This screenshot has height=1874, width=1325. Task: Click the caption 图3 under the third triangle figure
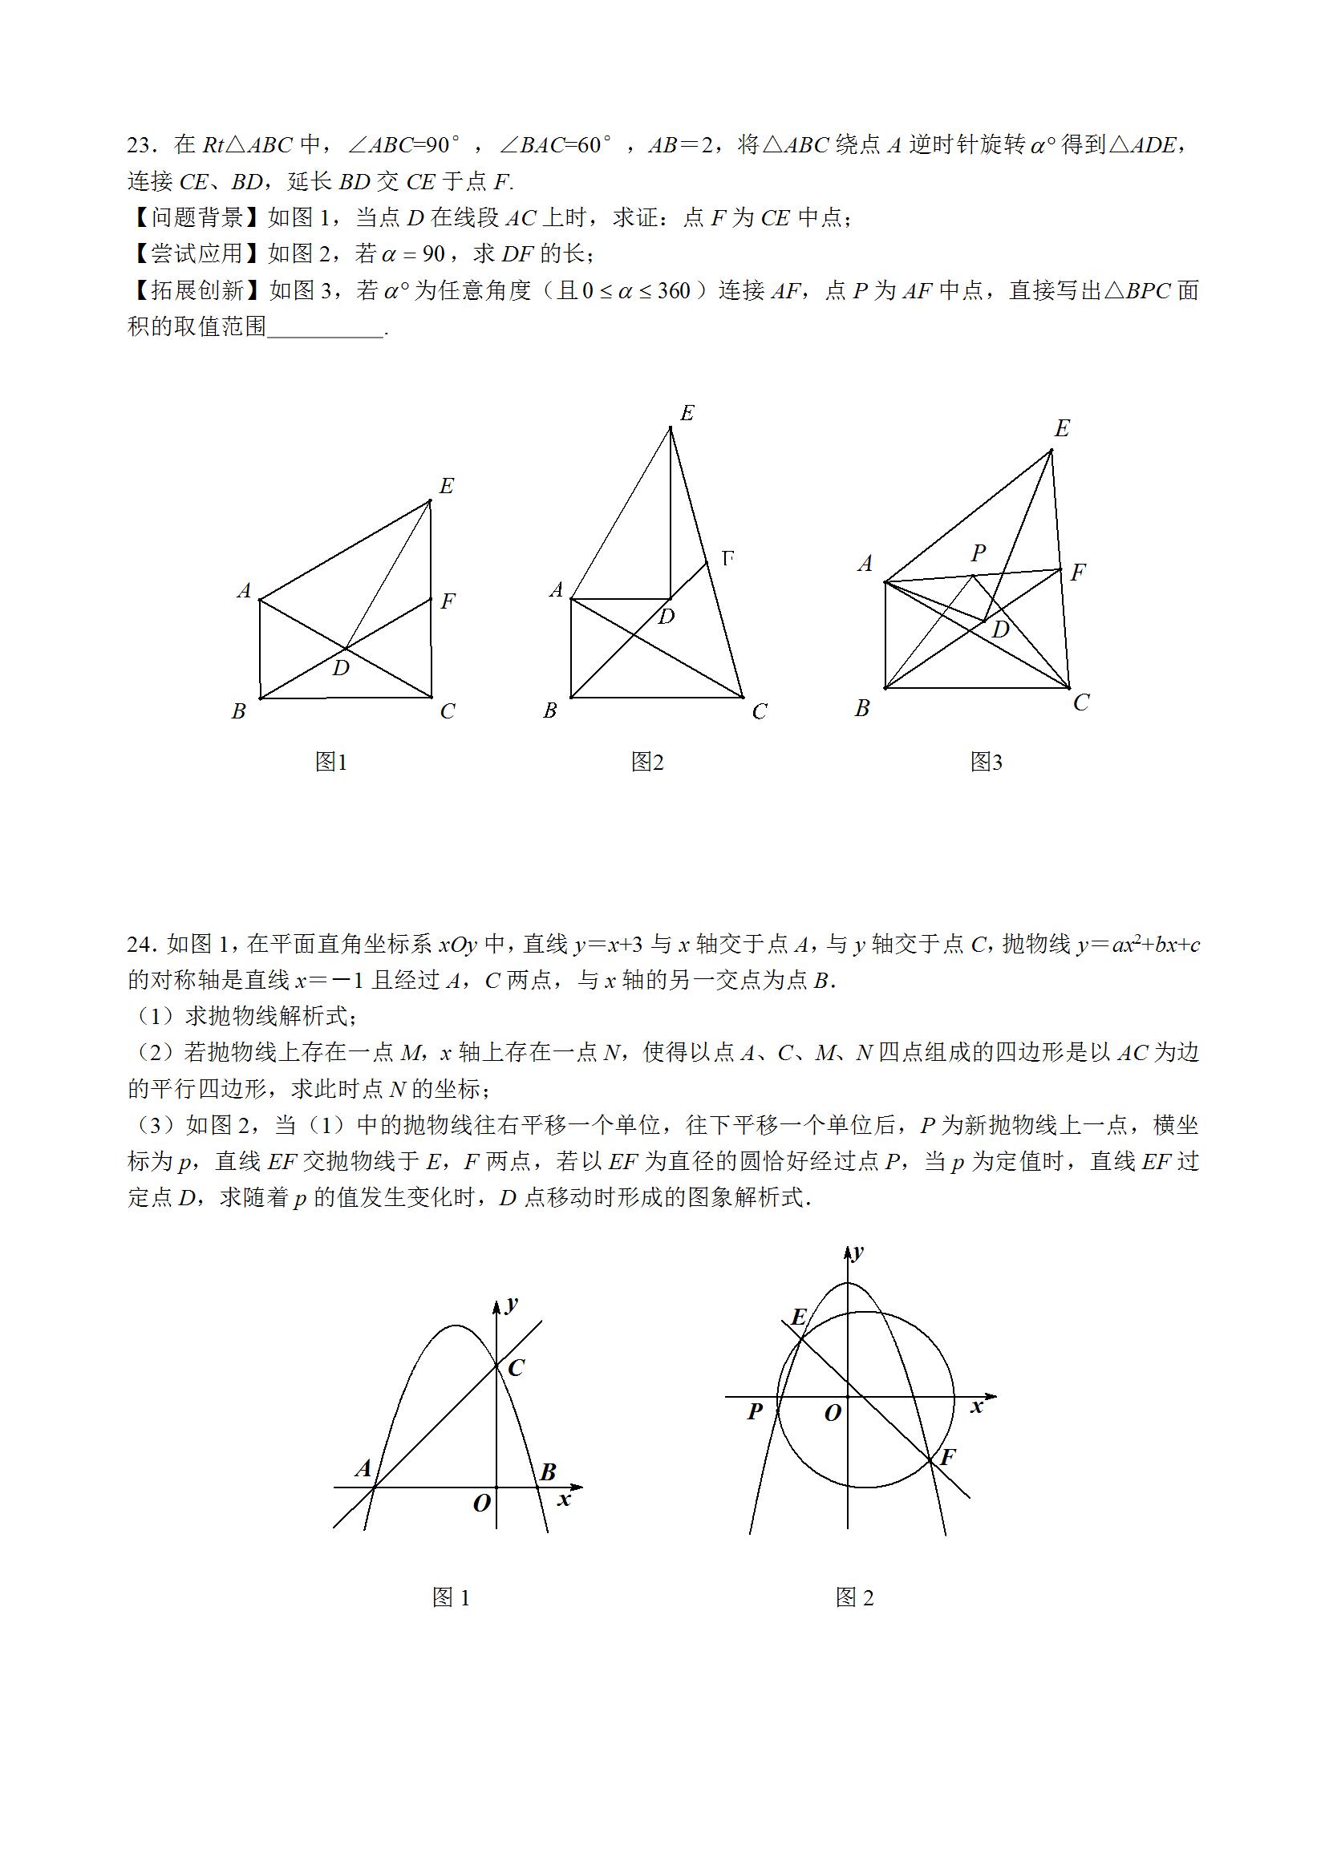[987, 762]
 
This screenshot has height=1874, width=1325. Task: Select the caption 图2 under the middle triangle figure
[647, 762]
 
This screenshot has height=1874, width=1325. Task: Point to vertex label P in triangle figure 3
[978, 553]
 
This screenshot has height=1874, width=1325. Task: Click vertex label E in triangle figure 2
[687, 414]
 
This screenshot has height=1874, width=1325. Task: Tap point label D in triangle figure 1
[341, 669]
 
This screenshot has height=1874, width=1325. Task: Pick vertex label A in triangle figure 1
[244, 590]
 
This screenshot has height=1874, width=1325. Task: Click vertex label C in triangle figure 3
[1081, 702]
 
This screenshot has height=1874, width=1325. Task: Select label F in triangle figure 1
[448, 601]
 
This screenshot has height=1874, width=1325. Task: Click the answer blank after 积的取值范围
[325, 327]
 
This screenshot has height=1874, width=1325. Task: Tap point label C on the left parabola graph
[515, 1368]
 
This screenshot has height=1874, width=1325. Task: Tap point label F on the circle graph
[948, 1457]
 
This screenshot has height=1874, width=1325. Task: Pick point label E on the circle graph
[799, 1317]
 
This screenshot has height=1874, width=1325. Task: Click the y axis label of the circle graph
[858, 1253]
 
